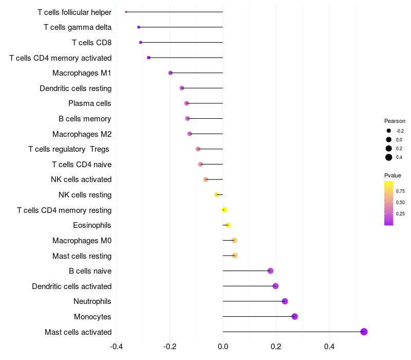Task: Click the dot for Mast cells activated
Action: (x=364, y=332)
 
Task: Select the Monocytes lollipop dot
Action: (x=294, y=316)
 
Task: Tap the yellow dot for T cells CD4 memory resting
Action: (x=224, y=210)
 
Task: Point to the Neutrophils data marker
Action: (x=285, y=301)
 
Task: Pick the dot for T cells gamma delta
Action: (x=139, y=27)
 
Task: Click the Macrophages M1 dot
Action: (x=171, y=73)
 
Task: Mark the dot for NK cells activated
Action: (x=206, y=179)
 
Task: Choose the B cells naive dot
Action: (x=270, y=271)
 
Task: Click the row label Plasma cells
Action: (x=90, y=103)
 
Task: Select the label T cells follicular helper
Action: (x=74, y=12)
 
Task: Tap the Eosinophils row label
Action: (x=92, y=225)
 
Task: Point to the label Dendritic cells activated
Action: (x=72, y=286)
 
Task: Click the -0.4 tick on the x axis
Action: (x=117, y=346)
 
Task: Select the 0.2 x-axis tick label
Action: (x=276, y=346)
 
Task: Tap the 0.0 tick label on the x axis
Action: (x=223, y=346)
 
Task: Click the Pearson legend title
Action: (x=395, y=121)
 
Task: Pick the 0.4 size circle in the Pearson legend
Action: (x=389, y=157)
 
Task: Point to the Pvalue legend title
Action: (x=393, y=175)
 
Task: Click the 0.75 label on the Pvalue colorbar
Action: (x=400, y=191)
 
